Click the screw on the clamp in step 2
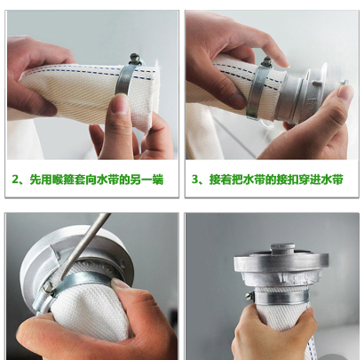135,58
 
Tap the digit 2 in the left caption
15,180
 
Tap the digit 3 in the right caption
194,180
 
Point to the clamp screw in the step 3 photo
266,61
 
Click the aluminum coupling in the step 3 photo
308,96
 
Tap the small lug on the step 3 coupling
344,82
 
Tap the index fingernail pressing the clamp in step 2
121,104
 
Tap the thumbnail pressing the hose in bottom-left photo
119,284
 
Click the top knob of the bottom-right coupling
282,248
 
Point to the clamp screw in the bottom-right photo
249,296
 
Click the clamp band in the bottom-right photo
281,298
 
